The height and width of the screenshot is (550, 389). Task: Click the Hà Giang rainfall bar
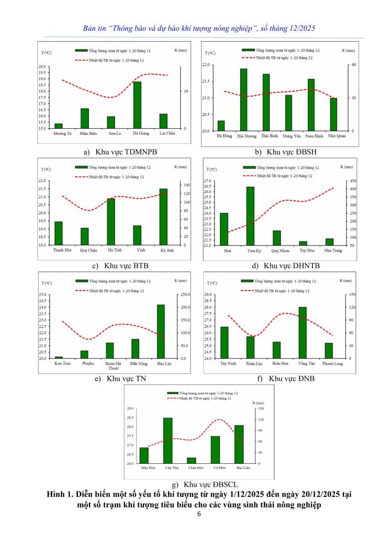pyautogui.click(x=137, y=105)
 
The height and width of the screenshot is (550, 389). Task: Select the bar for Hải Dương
pyautogui.click(x=243, y=100)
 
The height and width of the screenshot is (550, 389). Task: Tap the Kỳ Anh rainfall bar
pyautogui.click(x=163, y=217)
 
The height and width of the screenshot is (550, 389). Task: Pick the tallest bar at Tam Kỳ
pyautogui.click(x=250, y=216)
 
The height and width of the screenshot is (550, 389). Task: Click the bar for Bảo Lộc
pyautogui.click(x=160, y=331)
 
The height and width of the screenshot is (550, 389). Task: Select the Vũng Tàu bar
pyautogui.click(x=302, y=332)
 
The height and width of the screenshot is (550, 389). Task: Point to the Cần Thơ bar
pyautogui.click(x=168, y=440)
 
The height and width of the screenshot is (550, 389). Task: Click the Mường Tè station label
pyautogui.click(x=62, y=133)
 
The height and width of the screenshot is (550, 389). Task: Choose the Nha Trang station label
pyautogui.click(x=333, y=251)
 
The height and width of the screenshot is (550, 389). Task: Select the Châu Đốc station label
pyautogui.click(x=195, y=468)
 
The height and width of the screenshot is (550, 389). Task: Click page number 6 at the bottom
pyautogui.click(x=199, y=514)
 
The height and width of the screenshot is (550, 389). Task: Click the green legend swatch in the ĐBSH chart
pyautogui.click(x=248, y=50)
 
